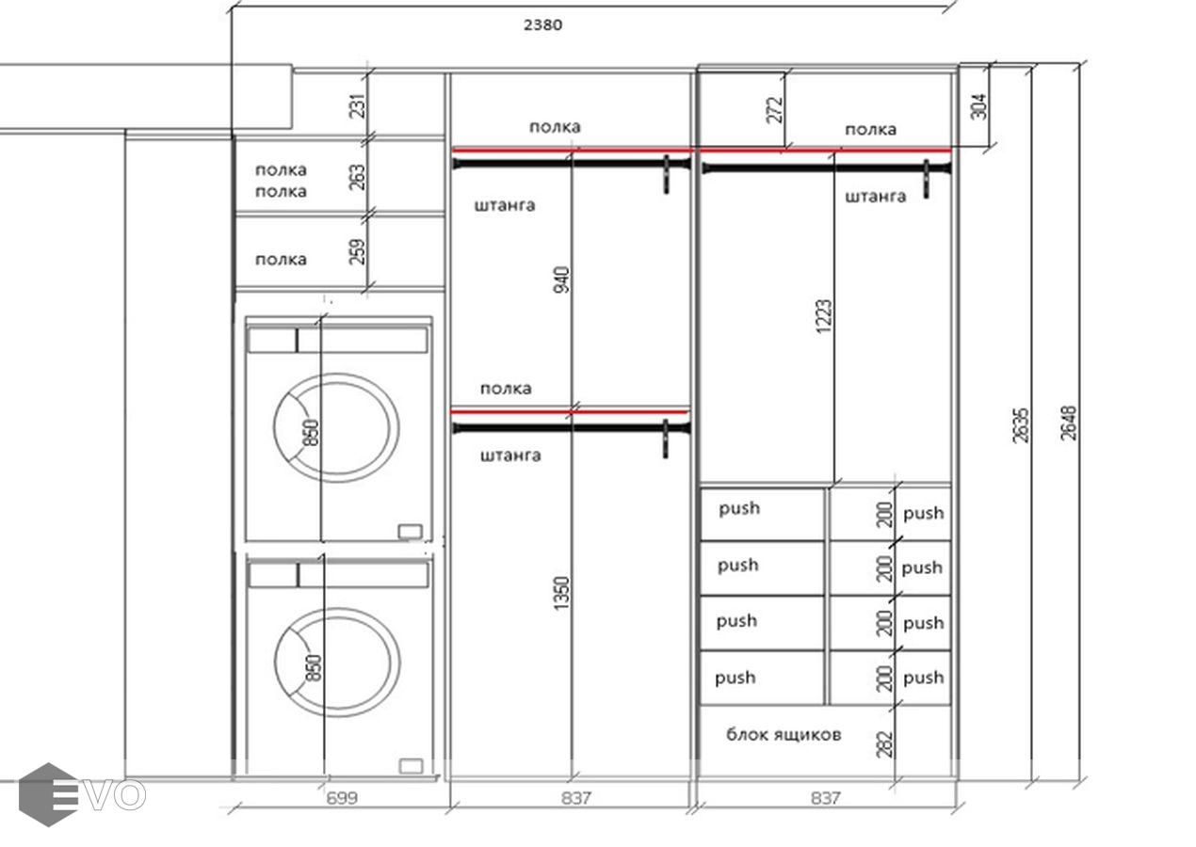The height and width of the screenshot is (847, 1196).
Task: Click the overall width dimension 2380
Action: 542,24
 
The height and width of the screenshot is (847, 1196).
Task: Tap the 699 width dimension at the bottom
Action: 342,798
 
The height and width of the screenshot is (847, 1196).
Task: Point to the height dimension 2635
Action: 1020,425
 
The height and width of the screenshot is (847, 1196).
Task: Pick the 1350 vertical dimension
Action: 561,593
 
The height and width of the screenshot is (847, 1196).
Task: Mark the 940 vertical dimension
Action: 561,280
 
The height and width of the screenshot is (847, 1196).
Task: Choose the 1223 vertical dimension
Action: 824,316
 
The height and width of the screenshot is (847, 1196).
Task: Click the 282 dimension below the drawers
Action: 884,744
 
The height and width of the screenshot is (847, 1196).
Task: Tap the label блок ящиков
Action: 784,735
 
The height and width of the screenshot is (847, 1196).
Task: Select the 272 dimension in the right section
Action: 775,110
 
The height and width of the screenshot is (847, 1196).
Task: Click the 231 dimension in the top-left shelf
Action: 358,105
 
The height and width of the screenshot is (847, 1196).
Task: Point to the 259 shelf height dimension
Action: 357,252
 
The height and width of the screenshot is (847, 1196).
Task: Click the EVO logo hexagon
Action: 48,794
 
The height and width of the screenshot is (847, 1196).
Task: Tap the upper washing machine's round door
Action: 336,375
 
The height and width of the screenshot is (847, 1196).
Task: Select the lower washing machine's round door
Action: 337,610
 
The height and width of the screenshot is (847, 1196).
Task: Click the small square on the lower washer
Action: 412,766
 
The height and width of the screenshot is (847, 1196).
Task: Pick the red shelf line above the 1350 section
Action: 569,412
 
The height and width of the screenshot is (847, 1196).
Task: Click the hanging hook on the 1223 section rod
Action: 926,180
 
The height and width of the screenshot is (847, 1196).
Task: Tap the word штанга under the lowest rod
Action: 510,455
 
